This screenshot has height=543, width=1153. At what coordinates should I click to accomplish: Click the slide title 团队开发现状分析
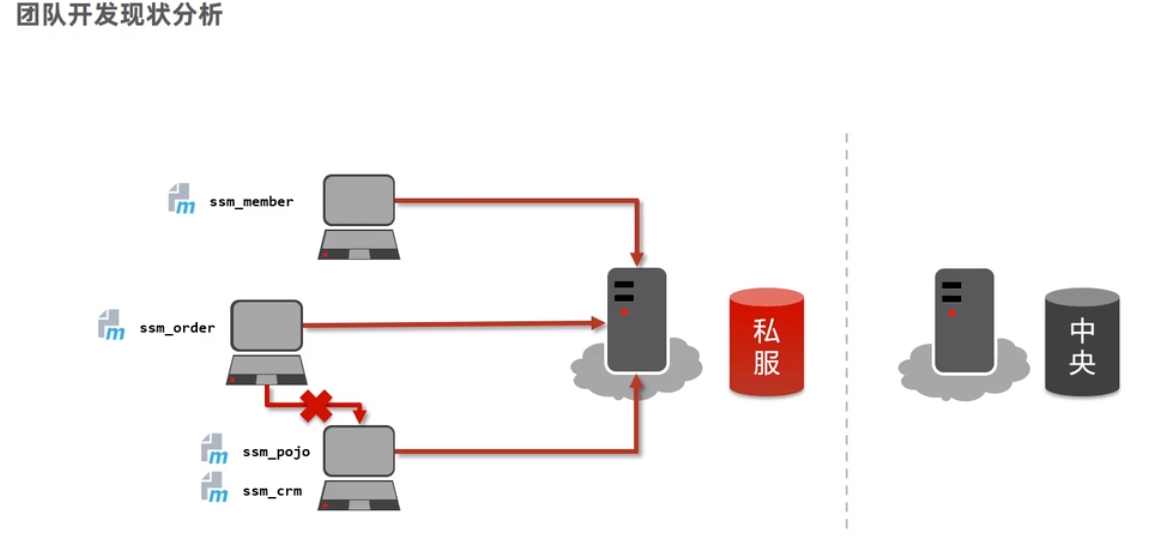click(x=120, y=17)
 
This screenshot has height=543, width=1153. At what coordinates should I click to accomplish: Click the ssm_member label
click(x=251, y=202)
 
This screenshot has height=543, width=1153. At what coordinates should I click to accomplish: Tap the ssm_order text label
click(x=177, y=327)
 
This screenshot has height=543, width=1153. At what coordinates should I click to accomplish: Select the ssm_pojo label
click(x=276, y=452)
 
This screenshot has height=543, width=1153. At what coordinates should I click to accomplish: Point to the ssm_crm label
click(x=272, y=491)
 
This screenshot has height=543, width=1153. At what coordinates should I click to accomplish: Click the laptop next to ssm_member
click(x=359, y=216)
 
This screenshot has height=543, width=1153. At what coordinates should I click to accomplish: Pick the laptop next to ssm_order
click(x=266, y=341)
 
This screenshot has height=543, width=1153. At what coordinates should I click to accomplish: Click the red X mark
click(x=316, y=406)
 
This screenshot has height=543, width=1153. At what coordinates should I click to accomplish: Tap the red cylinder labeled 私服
click(x=766, y=343)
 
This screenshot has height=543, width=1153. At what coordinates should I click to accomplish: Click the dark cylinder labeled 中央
click(x=1081, y=343)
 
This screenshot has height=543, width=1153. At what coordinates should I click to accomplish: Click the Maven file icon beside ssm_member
click(x=181, y=199)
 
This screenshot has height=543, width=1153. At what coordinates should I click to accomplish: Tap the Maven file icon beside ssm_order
click(x=111, y=325)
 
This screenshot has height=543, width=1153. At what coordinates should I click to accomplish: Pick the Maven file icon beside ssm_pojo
click(x=214, y=449)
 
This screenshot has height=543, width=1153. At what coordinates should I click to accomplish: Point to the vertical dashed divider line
click(x=846, y=330)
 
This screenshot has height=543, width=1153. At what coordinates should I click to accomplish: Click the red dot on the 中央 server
click(x=951, y=313)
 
